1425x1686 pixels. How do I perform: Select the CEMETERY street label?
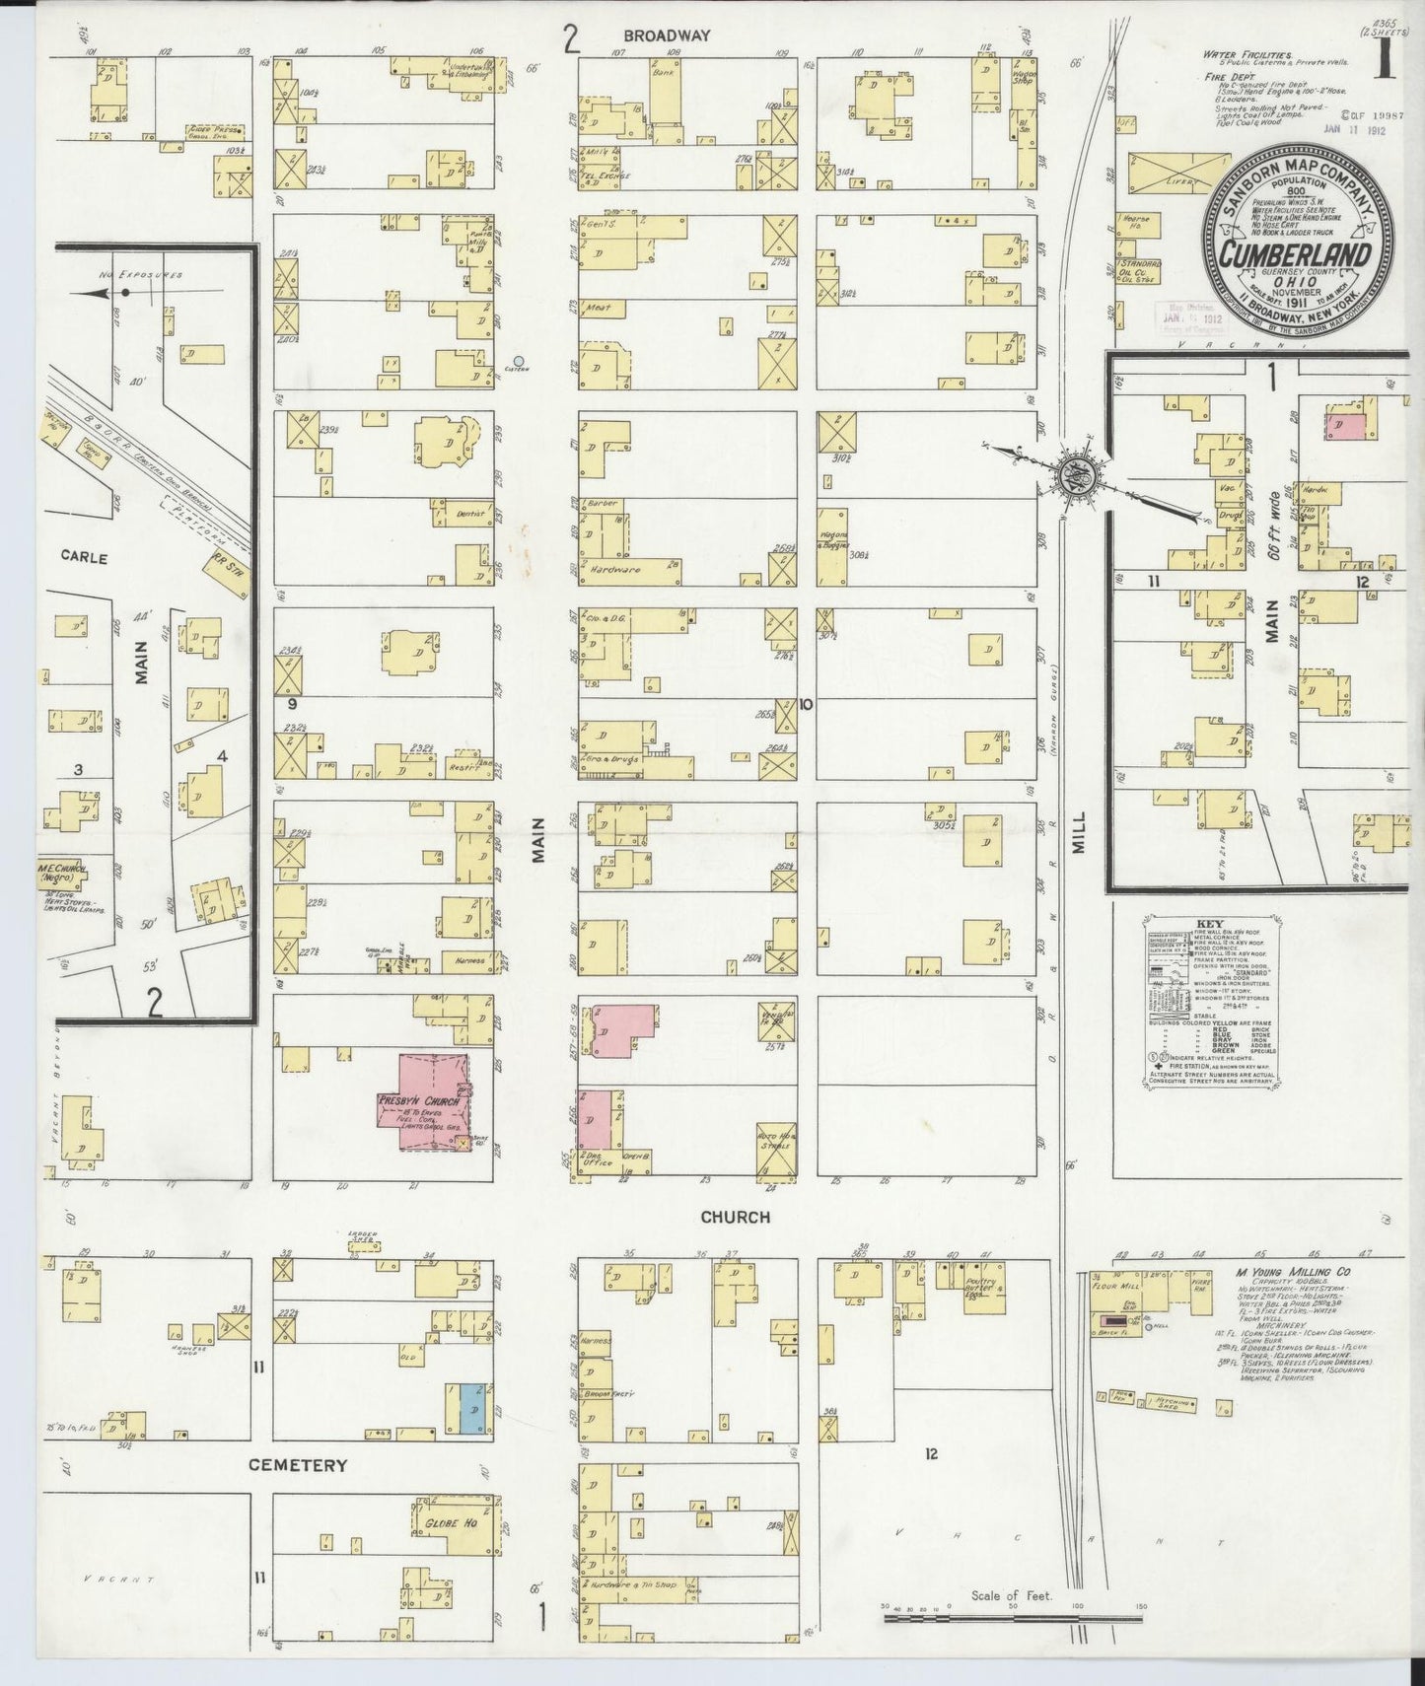click(x=297, y=1465)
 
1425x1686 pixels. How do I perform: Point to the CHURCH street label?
click(x=735, y=1217)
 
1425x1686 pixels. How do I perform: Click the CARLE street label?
click(x=84, y=556)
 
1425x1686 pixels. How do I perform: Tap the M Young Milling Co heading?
click(x=1293, y=1273)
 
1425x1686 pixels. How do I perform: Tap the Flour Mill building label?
click(x=1115, y=1286)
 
